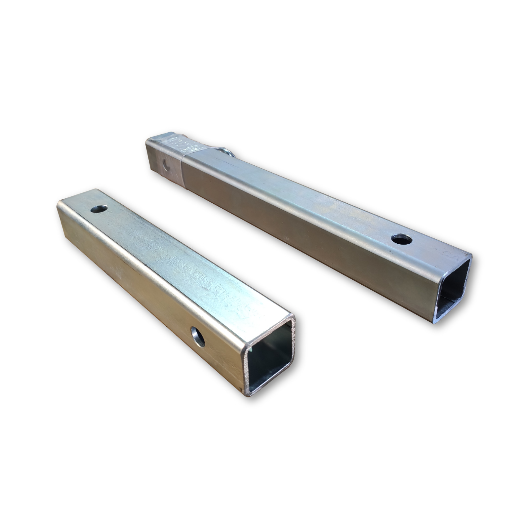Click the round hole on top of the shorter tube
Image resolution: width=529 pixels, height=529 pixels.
pyautogui.click(x=99, y=209)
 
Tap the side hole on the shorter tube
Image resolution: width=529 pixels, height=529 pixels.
pyautogui.click(x=198, y=337)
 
